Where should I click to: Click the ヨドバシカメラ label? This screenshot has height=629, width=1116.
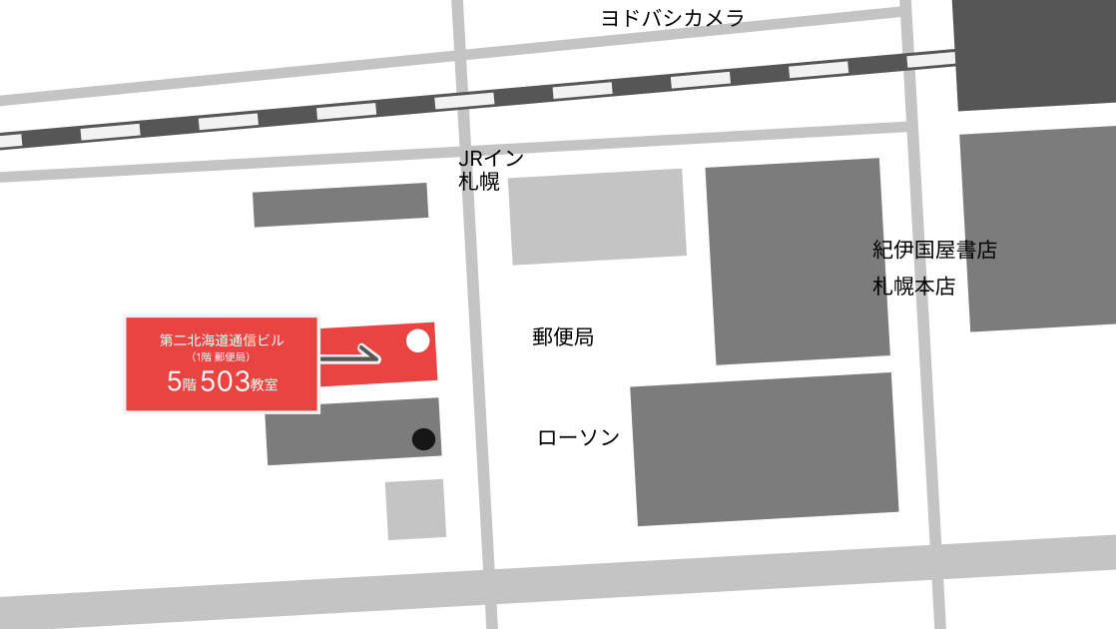point(672,18)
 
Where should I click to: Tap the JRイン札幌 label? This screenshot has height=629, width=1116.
point(490,170)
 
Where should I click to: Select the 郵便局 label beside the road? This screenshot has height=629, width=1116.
point(563,337)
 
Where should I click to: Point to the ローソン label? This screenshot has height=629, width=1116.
point(578,437)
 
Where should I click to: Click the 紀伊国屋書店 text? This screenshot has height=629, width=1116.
point(934,250)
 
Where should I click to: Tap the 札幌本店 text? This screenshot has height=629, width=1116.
point(913,287)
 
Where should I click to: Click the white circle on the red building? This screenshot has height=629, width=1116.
point(418,340)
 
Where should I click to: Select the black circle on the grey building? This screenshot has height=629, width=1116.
point(423,439)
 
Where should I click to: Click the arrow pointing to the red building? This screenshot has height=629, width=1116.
point(351,353)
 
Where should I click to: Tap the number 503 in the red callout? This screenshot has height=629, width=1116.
point(225,381)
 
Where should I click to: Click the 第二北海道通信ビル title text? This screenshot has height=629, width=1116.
point(221,340)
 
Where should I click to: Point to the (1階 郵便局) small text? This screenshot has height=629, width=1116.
point(221,356)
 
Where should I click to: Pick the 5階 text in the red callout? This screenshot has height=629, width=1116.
point(182,382)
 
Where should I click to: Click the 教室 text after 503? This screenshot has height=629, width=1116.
point(264,384)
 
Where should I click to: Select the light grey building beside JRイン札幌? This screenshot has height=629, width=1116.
point(597,216)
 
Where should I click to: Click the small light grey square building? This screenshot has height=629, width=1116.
point(415,509)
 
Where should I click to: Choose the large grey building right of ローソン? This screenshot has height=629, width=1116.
point(764,449)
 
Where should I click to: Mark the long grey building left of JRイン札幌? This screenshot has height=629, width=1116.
point(340,205)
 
